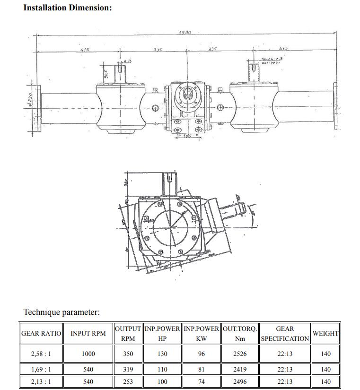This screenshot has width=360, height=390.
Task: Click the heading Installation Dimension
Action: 68,8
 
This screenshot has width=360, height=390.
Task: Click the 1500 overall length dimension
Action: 184,32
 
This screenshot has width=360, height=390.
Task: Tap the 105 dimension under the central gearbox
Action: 188,136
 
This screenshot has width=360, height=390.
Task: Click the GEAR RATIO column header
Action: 41,333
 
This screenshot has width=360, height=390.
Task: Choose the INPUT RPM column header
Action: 88,333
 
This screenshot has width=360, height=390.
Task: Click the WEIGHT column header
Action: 325,333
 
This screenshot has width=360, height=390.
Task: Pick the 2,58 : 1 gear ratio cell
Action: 41,354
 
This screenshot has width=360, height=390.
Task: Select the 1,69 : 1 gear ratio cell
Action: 41,369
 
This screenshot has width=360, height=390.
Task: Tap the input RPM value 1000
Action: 88,354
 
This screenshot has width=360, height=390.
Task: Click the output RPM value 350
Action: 128,354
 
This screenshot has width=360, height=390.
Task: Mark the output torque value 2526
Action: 240,354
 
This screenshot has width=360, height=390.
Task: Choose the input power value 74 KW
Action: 201,381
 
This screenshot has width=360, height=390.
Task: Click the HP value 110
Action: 162,369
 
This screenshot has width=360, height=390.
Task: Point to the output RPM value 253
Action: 128,381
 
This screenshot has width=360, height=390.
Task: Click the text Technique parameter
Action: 61,312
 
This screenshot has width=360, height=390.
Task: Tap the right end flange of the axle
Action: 335,105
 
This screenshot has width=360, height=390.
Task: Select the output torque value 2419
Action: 240,369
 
